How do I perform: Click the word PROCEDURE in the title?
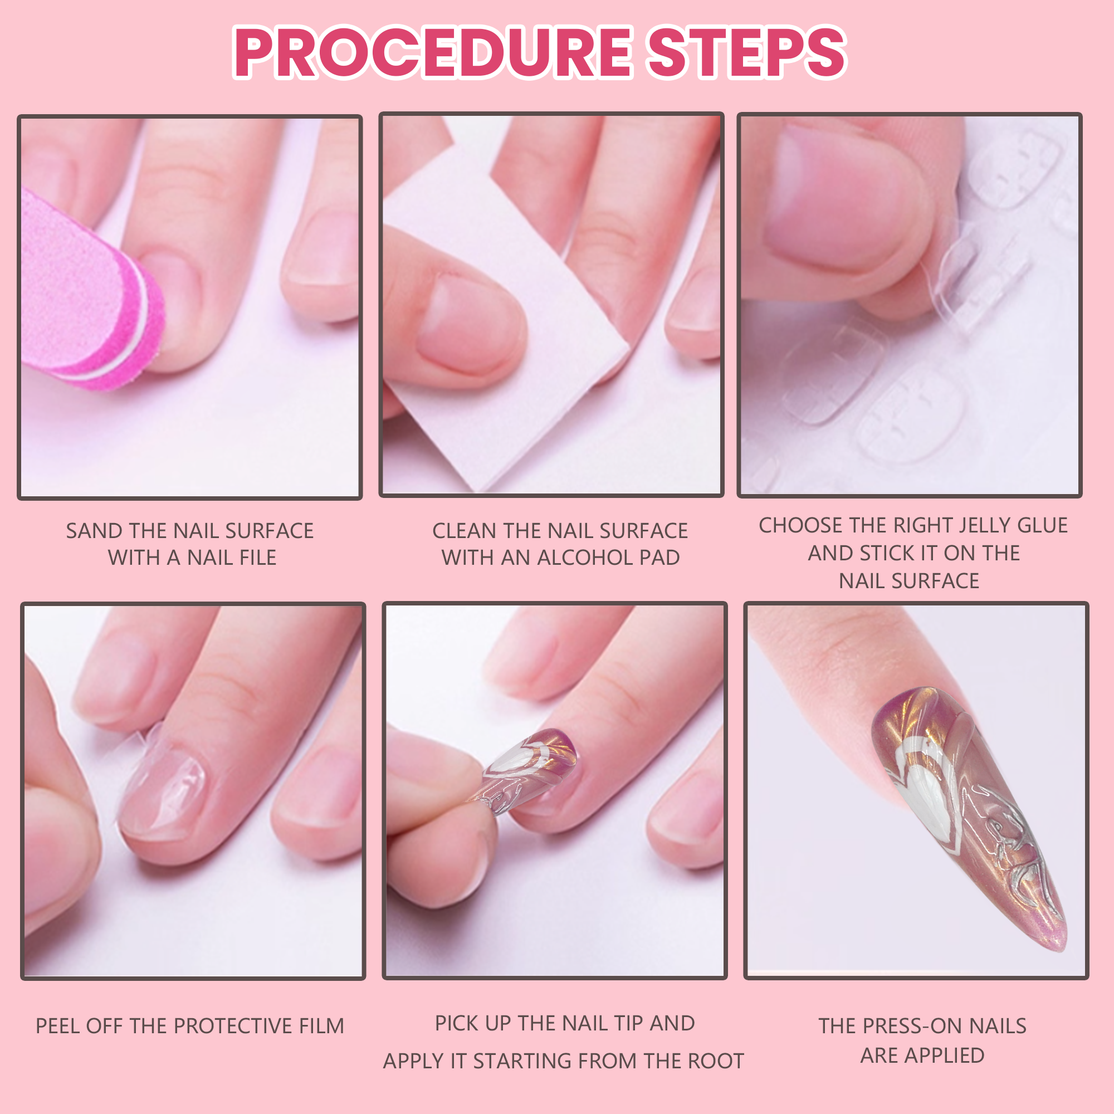(433, 53)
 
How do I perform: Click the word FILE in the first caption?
(253, 558)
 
